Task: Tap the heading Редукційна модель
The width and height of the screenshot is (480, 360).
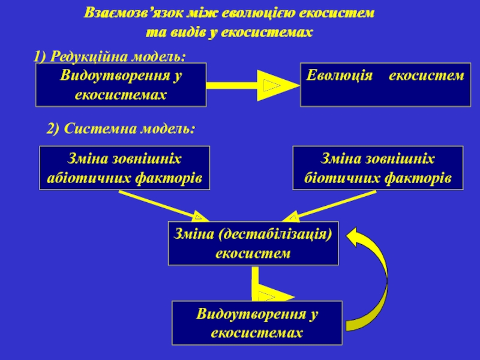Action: click(118, 56)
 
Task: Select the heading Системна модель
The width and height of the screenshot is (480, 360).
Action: click(129, 128)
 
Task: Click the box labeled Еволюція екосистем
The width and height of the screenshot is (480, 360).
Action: click(385, 85)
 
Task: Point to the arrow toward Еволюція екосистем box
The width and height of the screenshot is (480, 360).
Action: click(253, 85)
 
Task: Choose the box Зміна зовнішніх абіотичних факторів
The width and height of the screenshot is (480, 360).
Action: click(125, 168)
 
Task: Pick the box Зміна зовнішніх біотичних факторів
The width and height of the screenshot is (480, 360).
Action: click(378, 168)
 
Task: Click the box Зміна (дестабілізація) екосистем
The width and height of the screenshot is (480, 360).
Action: click(253, 244)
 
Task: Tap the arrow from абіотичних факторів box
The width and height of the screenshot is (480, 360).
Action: click(164, 206)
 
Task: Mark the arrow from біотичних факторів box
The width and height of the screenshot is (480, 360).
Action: click(329, 206)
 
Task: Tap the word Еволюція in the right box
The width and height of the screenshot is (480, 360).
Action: click(339, 76)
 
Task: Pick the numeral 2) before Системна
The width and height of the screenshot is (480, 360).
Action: click(53, 128)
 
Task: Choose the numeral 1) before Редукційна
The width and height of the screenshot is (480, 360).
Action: click(40, 56)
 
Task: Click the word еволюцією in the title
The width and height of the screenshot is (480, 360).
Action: click(257, 13)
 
